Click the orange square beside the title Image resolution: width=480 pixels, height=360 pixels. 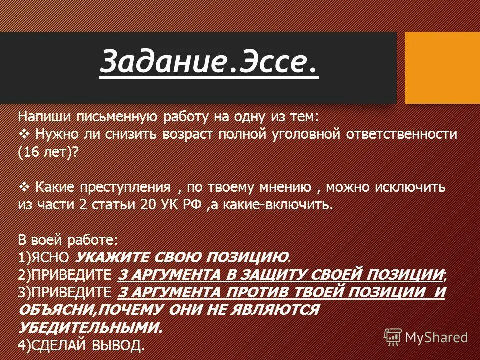point(442,67)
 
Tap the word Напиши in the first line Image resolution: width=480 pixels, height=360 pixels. point(43,116)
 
